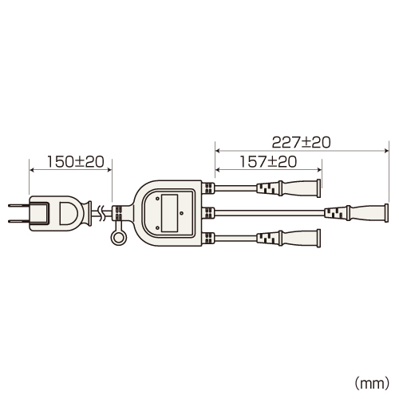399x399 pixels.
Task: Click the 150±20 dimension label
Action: point(76,162)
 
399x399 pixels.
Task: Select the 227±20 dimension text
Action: point(302,142)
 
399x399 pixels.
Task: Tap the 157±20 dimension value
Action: point(268,162)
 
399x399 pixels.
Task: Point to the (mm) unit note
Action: point(372,383)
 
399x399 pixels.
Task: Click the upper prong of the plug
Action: point(19,205)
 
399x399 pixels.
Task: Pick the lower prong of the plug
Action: point(19,221)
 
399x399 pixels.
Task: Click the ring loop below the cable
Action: point(118,238)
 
